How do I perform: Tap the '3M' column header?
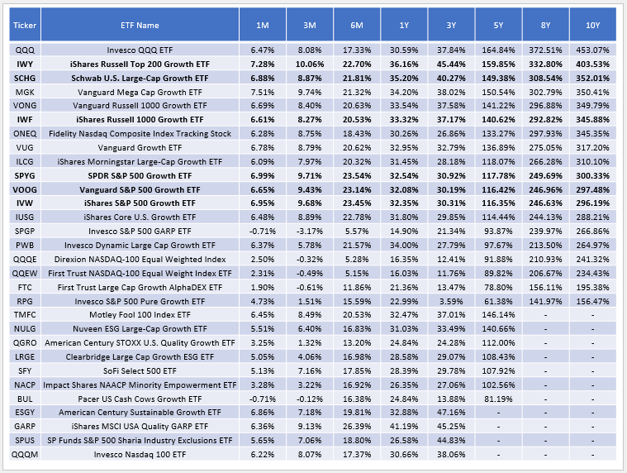tap(311, 25)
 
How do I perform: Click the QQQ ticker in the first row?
tap(21, 51)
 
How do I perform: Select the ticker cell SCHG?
tap(21, 77)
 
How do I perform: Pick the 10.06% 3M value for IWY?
tap(311, 64)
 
